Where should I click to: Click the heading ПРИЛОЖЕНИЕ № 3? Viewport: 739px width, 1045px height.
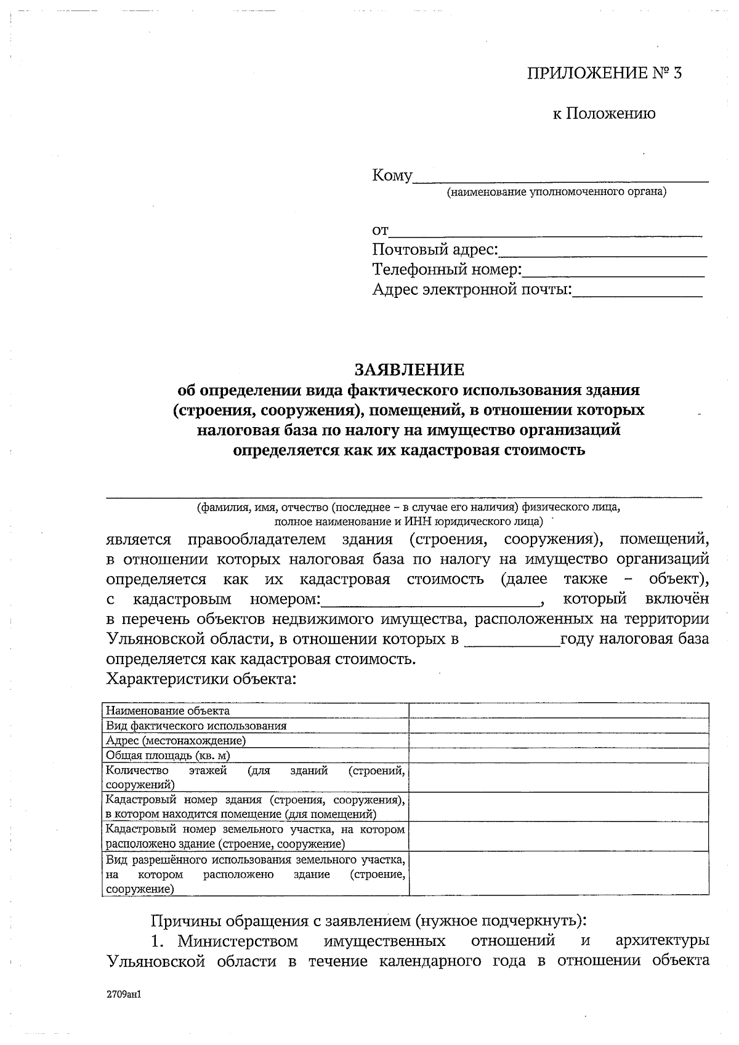(605, 74)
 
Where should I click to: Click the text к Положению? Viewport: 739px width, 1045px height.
(604, 113)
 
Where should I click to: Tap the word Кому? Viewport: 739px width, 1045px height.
(392, 175)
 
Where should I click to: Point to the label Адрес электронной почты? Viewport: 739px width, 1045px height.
(472, 289)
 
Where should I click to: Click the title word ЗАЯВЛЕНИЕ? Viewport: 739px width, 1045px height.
(408, 369)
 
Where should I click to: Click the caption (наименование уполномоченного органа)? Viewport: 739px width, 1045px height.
(557, 192)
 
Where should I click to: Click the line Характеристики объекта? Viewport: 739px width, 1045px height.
(201, 679)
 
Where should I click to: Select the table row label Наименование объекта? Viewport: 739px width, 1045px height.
(168, 711)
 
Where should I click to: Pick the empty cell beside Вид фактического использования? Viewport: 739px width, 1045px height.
(558, 726)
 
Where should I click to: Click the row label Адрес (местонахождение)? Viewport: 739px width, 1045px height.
(176, 740)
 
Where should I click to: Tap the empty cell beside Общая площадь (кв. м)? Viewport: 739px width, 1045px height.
(558, 755)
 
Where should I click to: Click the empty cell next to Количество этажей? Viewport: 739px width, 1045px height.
(558, 777)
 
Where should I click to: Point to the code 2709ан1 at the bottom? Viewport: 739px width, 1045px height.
(124, 993)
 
